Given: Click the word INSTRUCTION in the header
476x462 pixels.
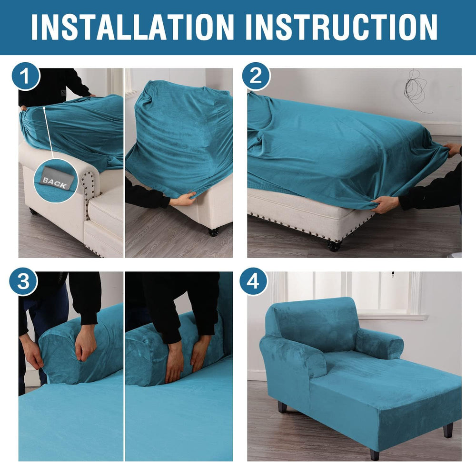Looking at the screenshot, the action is (341, 27).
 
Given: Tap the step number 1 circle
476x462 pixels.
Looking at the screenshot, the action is (26, 76).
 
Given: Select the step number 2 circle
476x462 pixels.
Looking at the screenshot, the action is (256, 76).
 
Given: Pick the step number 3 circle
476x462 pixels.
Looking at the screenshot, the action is (23, 281).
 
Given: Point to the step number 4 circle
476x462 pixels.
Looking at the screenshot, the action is (254, 281).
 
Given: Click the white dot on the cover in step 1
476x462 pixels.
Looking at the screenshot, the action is (44, 107).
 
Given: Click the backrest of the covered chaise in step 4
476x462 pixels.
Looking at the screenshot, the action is (313, 324).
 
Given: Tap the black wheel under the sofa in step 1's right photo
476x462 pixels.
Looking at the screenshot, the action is (213, 232).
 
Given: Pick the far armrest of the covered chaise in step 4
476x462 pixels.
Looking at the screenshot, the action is (379, 344).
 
